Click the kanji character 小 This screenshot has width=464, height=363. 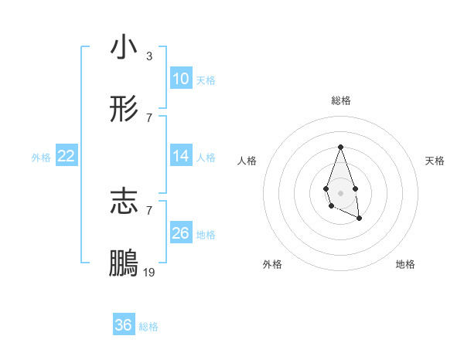coord(124,47)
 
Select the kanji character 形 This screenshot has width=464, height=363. coord(124,110)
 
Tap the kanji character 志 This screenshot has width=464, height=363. coord(124,201)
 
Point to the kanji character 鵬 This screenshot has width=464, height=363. coord(124,263)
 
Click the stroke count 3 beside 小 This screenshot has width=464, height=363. coord(148,56)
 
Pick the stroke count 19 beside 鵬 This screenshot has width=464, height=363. coord(149,273)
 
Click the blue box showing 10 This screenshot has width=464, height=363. coord(181,79)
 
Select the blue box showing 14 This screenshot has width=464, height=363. coord(181,156)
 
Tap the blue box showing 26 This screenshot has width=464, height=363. coord(181,233)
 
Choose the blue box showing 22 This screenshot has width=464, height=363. coord(66,156)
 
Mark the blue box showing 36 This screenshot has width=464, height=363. coord(124,325)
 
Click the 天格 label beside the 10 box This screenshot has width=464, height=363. coord(206,80)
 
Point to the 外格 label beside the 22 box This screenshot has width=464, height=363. coord(41,157)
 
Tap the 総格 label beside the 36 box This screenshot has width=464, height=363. coord(148,326)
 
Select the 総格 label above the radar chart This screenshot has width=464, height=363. coord(340,100)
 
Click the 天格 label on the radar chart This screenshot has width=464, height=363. coord(435,161)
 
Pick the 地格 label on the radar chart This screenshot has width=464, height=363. coord(405,265)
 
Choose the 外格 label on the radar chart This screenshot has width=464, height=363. coord(272,265)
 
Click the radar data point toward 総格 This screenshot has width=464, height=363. coord(340,147)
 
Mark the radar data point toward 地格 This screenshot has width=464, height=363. coord(360,219)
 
